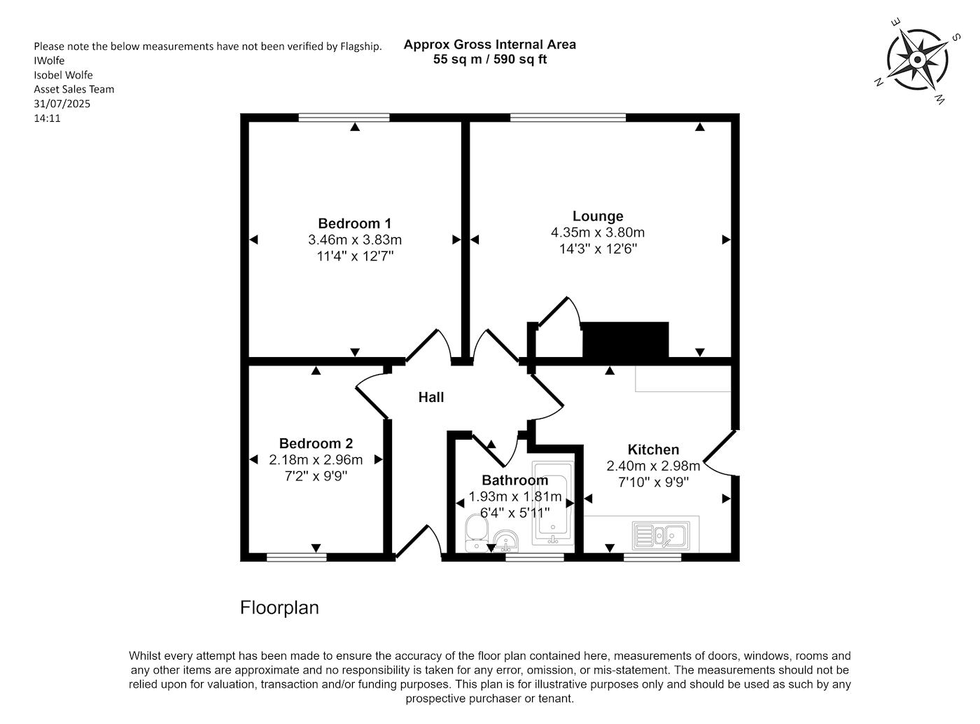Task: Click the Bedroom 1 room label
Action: [x=354, y=223]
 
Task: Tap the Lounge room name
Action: [x=597, y=216]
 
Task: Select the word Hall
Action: [x=430, y=397]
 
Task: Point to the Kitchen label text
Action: [x=653, y=449]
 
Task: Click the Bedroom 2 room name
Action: [x=316, y=443]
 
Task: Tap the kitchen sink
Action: [x=661, y=536]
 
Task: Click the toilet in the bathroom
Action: [x=476, y=533]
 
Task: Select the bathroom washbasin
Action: [x=506, y=541]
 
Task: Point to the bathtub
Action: [x=553, y=503]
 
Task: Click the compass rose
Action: [x=918, y=60]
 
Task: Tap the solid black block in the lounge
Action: [x=625, y=339]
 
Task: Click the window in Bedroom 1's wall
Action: [x=344, y=118]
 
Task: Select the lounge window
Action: [x=568, y=118]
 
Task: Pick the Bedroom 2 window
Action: [x=297, y=557]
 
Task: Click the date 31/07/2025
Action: [x=62, y=104]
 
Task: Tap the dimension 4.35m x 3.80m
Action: [x=597, y=232]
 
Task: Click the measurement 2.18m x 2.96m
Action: [x=316, y=460]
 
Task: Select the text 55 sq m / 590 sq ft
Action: [x=489, y=60]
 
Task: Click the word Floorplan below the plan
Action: [x=279, y=608]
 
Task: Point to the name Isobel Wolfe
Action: [x=63, y=75]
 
